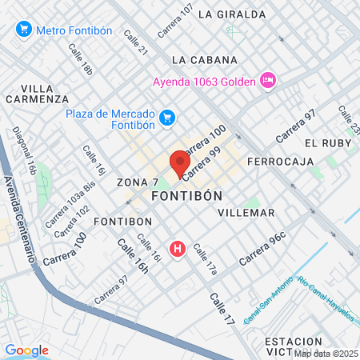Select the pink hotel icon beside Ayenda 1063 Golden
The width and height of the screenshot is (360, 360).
click(x=268, y=80)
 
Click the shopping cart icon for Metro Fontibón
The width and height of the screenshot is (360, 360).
click(x=23, y=30)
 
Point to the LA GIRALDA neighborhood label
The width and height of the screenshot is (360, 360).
click(x=231, y=14)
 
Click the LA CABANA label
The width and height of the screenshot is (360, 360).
click(x=204, y=60)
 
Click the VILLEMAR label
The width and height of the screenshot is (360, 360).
click(x=246, y=213)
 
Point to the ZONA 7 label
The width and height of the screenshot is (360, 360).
click(x=132, y=182)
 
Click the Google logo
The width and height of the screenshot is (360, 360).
click(x=26, y=350)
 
